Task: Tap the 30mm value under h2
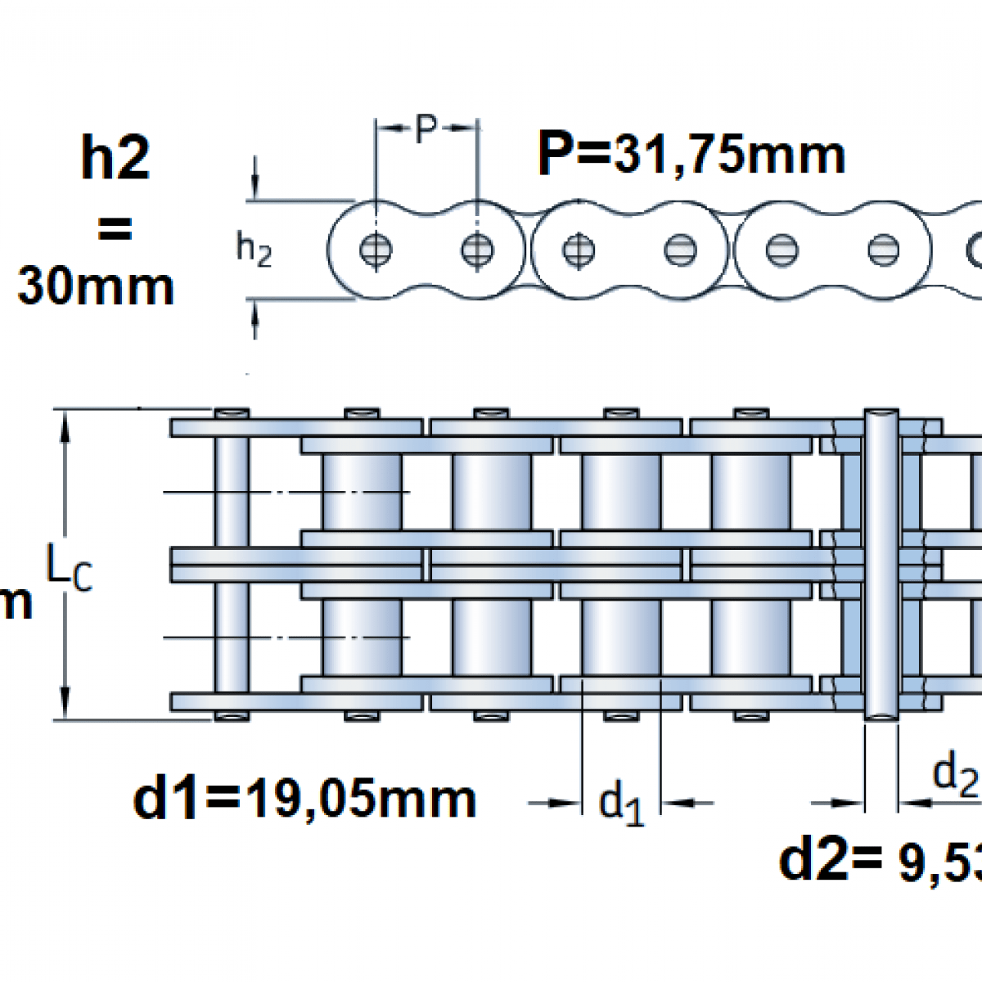point(96,286)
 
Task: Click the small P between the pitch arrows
point(426,128)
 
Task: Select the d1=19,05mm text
point(304,799)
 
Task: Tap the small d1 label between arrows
point(621,803)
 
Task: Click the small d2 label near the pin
point(955,773)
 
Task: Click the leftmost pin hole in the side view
point(376,250)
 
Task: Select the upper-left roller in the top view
point(362,492)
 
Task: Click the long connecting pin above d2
point(881,565)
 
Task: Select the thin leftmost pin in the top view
point(232,565)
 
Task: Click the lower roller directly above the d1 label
point(621,637)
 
